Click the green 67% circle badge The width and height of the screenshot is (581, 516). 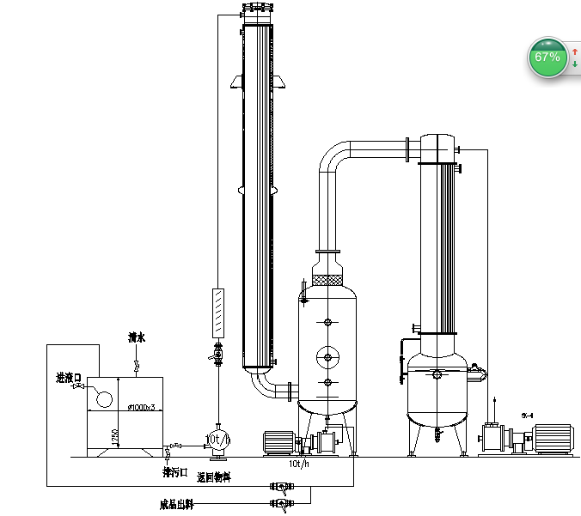click(x=547, y=57)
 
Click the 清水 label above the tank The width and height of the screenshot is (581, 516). click(x=137, y=337)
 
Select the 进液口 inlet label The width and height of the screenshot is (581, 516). click(x=67, y=378)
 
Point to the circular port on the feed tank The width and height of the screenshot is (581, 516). click(x=105, y=398)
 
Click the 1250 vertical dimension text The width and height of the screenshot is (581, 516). click(x=115, y=437)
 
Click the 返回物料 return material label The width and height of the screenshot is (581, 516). click(x=213, y=477)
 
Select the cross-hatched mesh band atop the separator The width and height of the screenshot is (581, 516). click(x=327, y=280)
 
